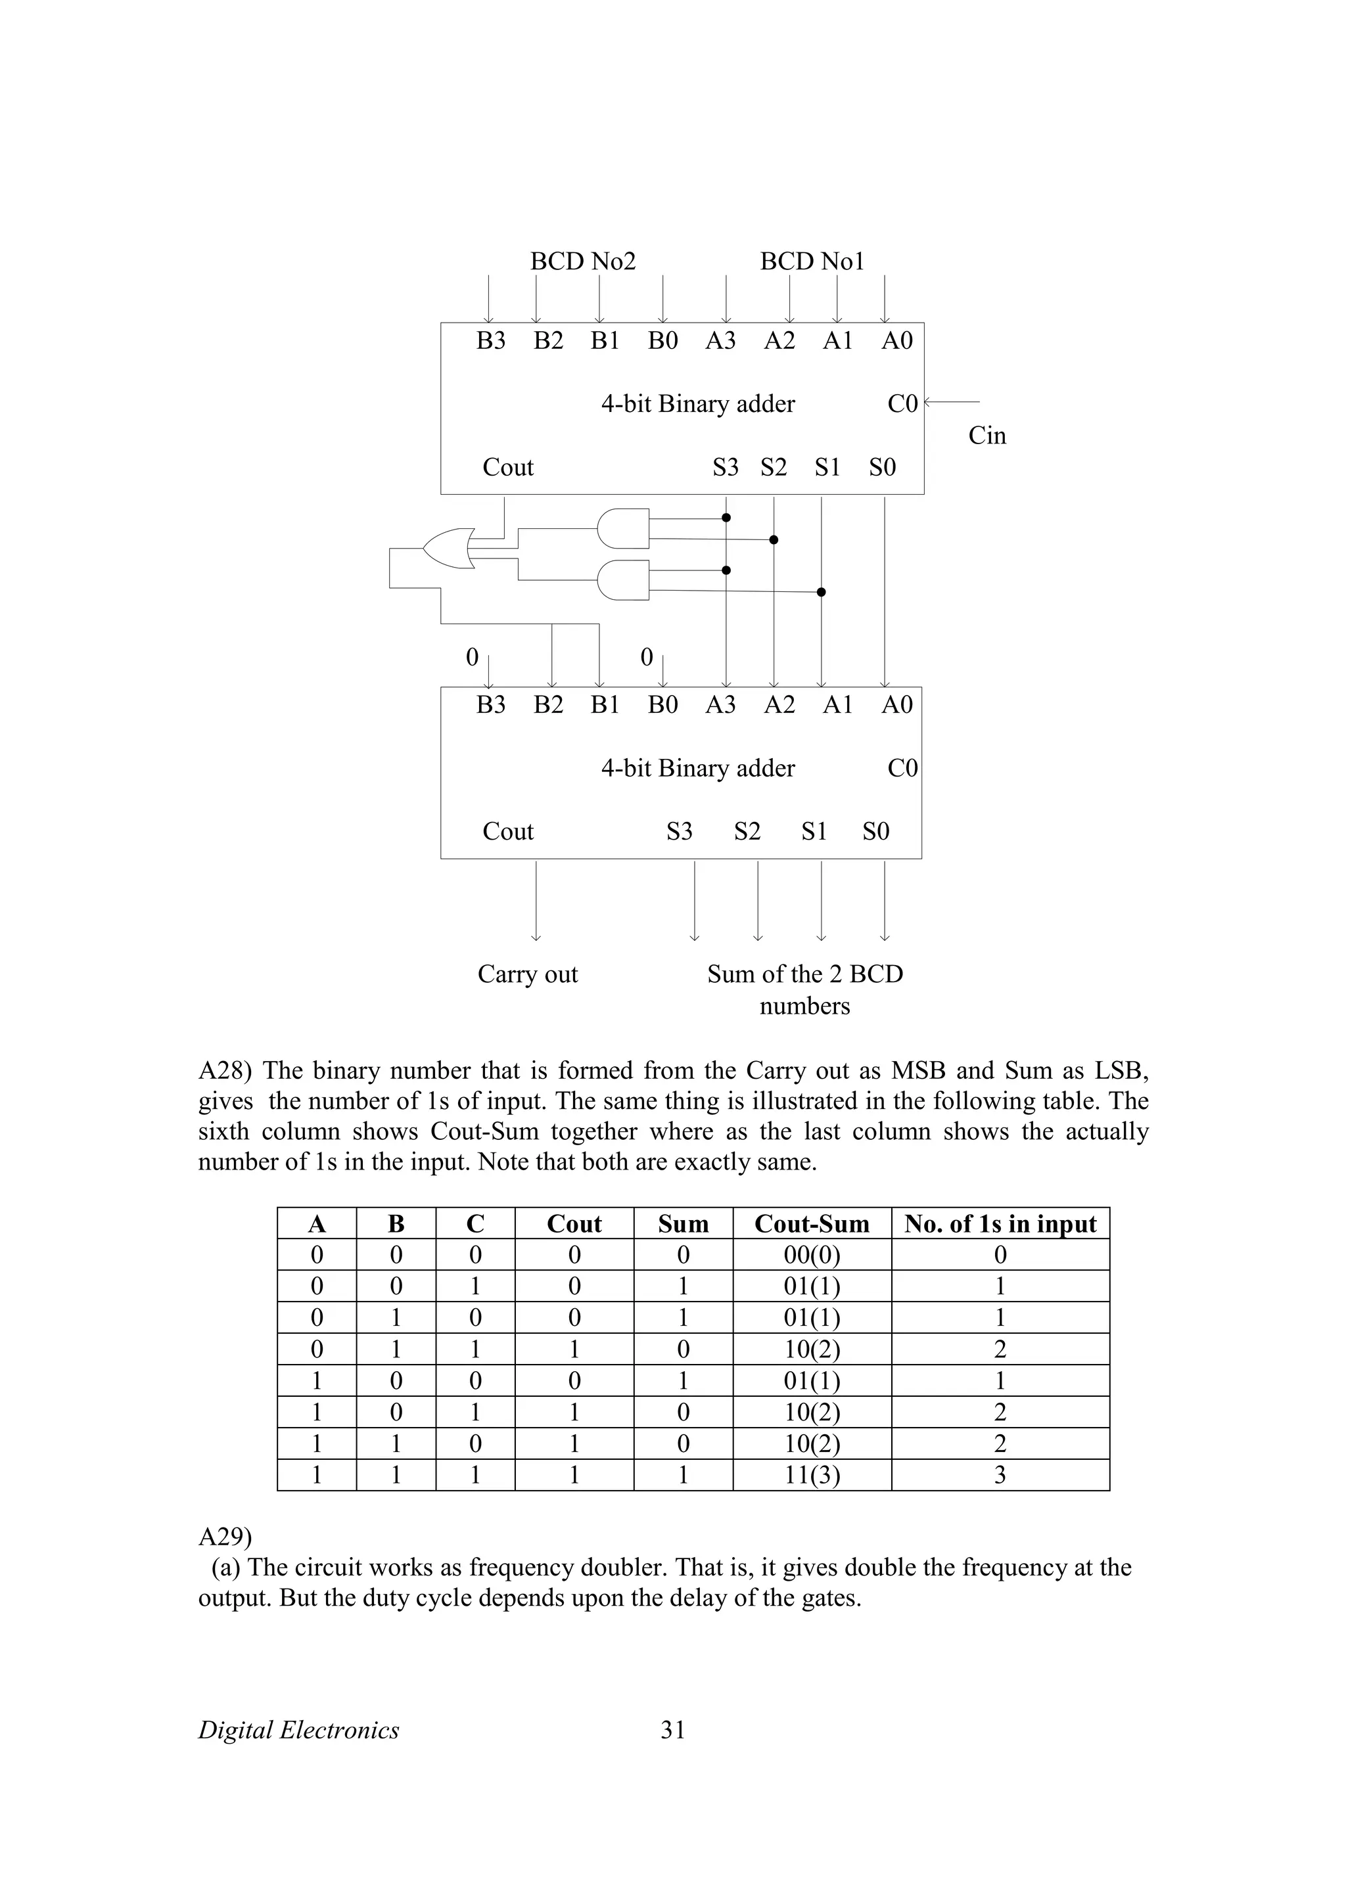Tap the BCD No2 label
point(583,261)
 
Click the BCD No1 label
point(812,261)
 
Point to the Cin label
point(987,436)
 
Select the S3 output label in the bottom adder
point(679,831)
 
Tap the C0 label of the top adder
point(902,404)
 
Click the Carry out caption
point(528,974)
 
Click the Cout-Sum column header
point(812,1224)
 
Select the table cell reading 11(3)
point(812,1475)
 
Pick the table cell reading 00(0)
point(812,1255)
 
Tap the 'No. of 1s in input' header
point(1000,1224)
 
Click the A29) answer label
point(225,1537)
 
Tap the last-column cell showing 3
point(1000,1475)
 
